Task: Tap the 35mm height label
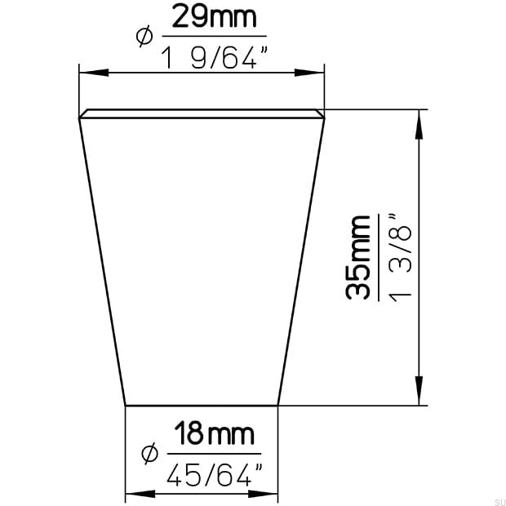coord(358,257)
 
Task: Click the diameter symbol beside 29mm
coord(144,36)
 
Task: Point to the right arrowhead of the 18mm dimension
coord(271,494)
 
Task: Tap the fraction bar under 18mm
coord(214,454)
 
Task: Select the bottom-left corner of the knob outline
coord(125,405)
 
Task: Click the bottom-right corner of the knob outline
coord(279,405)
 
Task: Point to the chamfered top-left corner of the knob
coord(82,115)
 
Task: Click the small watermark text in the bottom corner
coord(495,498)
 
